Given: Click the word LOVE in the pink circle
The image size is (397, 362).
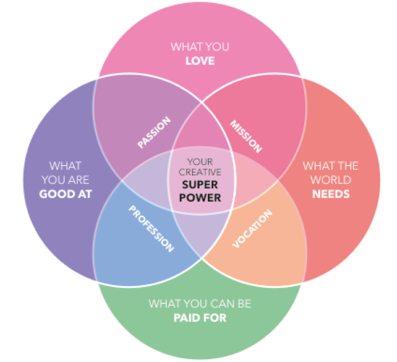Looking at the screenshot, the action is click(x=200, y=62).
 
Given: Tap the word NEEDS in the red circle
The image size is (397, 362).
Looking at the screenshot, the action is click(x=331, y=193).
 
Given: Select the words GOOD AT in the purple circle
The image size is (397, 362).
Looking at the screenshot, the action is click(x=65, y=193).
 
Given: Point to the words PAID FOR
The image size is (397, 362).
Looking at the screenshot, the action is click(x=200, y=317).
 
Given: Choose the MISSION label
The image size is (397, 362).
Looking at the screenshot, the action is click(x=246, y=136).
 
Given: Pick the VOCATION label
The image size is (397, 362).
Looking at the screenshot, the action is click(x=251, y=229).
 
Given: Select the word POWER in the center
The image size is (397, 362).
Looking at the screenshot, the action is click(x=200, y=198).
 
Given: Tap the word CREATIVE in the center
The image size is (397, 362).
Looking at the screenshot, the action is click(x=200, y=172).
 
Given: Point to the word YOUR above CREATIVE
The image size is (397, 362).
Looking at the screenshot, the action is click(x=200, y=161).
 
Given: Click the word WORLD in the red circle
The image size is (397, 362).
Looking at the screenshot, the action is click(x=331, y=180).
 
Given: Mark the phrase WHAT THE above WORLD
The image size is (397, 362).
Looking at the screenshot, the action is click(x=331, y=166).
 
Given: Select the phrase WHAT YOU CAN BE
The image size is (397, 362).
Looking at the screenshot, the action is click(x=200, y=304).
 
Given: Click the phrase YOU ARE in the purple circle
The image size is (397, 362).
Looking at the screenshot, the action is click(x=65, y=180).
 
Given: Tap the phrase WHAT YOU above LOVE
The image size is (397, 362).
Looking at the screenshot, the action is click(x=200, y=48).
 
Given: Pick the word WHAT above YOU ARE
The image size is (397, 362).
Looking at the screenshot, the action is click(x=65, y=166).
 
